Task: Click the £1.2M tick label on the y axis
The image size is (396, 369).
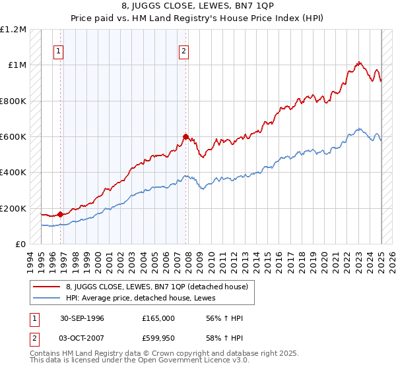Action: [x=13, y=30]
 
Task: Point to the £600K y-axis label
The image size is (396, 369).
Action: [x=13, y=137]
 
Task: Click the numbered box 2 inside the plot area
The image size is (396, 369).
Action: [x=183, y=52]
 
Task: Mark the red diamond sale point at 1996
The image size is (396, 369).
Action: [x=60, y=214]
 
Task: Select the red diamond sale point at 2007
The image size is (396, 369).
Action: [x=186, y=137]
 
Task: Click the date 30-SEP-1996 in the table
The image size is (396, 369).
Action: [x=82, y=318]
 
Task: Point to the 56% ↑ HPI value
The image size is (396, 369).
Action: [x=214, y=318]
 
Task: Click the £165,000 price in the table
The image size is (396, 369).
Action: [x=158, y=318]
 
